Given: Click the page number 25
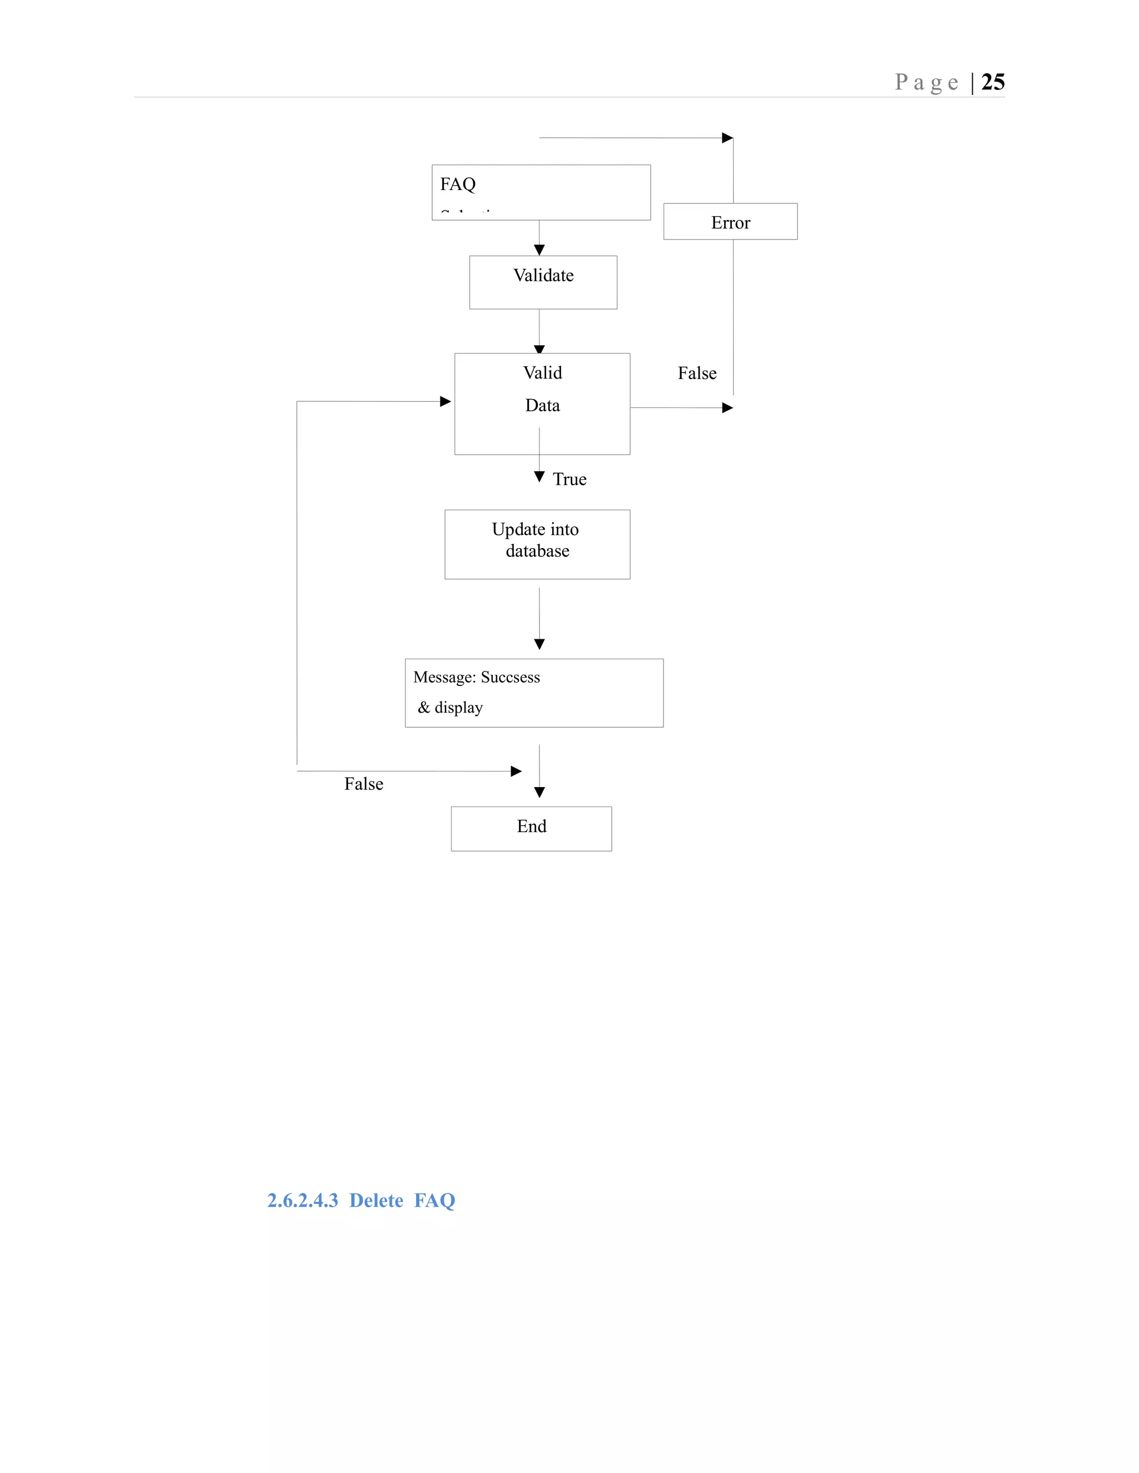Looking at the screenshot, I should point(993,82).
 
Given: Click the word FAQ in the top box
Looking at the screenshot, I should point(458,184).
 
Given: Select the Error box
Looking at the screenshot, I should point(730,222).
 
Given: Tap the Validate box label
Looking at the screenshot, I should point(543,275).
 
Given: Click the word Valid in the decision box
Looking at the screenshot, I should point(542,373).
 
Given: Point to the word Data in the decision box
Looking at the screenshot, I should point(542,405).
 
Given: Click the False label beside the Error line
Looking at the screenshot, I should point(697,373).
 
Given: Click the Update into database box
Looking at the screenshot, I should point(537,544).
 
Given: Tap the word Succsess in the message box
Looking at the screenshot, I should point(510,677).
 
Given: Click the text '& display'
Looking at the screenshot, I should point(450,708).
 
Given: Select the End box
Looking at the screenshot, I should point(532,828).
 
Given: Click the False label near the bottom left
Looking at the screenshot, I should point(364,784).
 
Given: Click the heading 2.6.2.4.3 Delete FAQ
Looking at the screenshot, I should point(361,1200).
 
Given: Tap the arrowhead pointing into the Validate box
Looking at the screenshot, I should point(539,250).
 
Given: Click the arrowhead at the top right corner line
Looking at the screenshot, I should point(727,138).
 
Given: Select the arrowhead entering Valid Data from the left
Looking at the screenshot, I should point(445,401).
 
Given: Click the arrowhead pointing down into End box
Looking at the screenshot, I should point(539,793).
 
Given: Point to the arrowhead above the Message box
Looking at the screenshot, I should point(539,644).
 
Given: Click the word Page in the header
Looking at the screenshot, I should point(926,82).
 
